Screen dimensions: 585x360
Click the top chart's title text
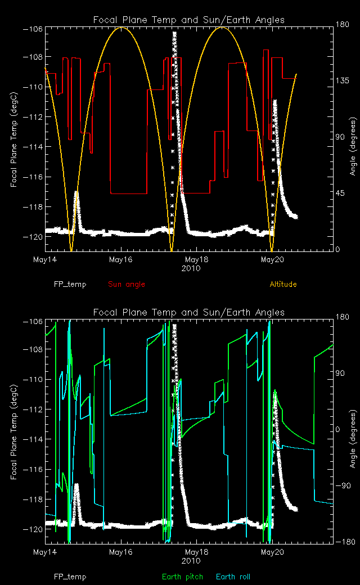point(188,20)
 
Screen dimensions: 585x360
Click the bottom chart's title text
point(188,312)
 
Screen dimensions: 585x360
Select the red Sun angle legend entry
point(127,284)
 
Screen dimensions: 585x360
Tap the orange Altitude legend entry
point(283,284)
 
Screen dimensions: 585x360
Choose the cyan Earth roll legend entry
point(233,577)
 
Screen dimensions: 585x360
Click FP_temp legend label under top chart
point(70,284)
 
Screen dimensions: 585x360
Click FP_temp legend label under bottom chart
point(70,577)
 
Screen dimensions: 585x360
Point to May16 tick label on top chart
point(121,259)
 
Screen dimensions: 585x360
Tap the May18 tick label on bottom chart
point(196,552)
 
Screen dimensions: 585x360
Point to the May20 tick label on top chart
point(272,259)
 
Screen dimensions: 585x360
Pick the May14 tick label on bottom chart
point(46,552)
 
